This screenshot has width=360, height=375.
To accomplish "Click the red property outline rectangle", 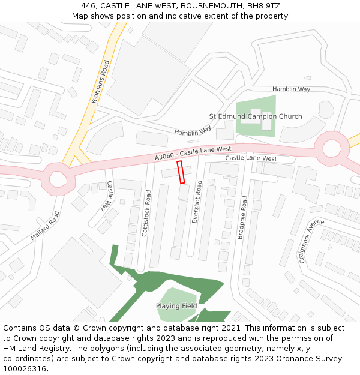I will (181, 172).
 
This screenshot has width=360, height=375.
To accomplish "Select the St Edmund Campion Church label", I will (255, 116).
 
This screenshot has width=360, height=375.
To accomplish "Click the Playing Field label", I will (176, 306).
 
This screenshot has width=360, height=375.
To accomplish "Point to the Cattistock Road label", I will (147, 214).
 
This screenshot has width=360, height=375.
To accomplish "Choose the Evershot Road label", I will (197, 202).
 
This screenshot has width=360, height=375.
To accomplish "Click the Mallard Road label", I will (45, 226).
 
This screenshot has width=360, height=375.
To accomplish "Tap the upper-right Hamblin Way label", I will (291, 89).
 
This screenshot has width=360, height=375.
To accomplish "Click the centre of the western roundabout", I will (58, 178).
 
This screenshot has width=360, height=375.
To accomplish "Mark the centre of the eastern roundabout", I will (332, 148).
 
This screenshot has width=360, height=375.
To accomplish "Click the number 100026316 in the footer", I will (25, 368).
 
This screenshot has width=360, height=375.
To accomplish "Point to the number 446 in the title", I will (89, 6).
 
